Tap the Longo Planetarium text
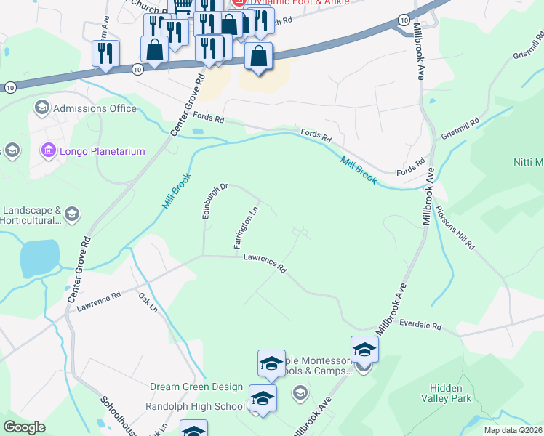[103, 151]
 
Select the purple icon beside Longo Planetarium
[49, 151]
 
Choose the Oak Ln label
[148, 302]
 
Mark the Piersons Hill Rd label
[455, 228]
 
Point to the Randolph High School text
[195, 406]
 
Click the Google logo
[25, 427]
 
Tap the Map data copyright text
[513, 430]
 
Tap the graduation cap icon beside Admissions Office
[41, 108]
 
